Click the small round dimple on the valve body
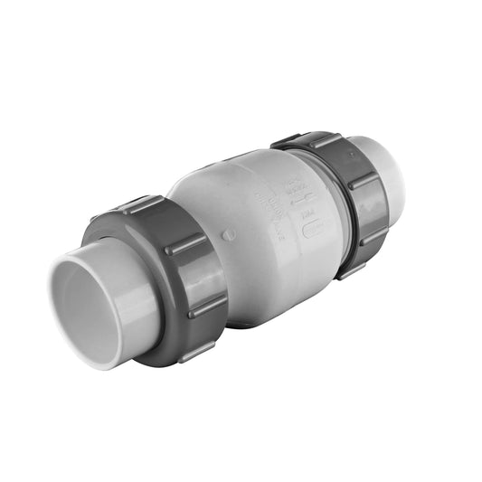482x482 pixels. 229,234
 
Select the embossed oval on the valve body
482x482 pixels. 313,229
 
